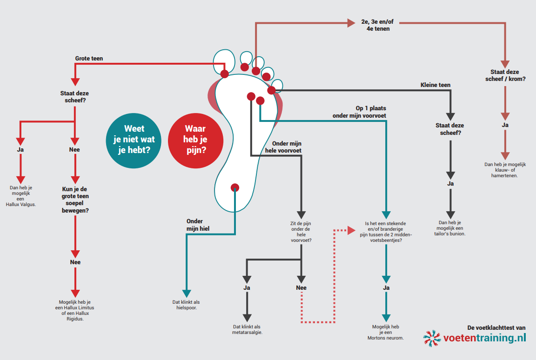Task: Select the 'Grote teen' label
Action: (89, 59)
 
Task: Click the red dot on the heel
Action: (235, 187)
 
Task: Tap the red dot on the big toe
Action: (225, 73)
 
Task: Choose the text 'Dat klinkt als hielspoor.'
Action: (186, 305)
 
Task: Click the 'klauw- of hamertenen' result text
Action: (505, 170)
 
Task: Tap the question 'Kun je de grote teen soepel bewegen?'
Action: (75, 200)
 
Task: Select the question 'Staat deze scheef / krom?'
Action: (505, 75)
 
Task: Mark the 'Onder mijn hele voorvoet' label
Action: (283, 147)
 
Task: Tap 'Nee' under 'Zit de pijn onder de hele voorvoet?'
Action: (301, 288)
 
